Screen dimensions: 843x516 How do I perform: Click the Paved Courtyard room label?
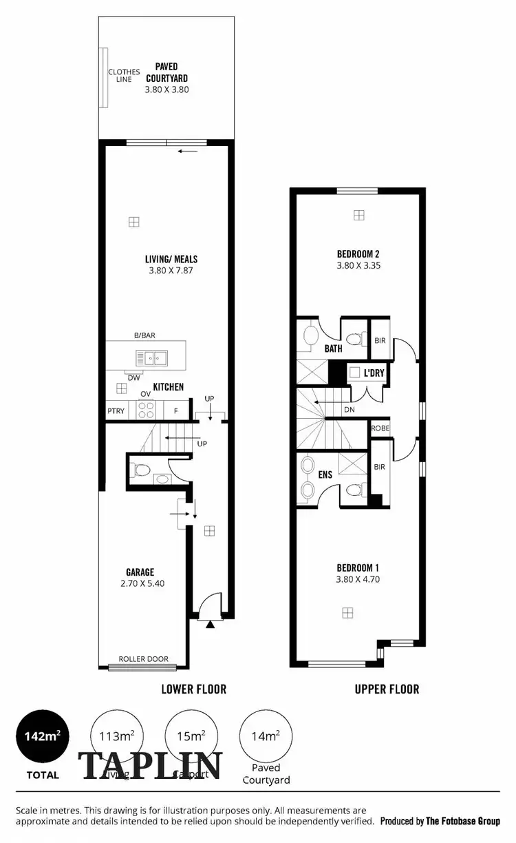coord(166,72)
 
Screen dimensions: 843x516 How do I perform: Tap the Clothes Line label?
coord(124,76)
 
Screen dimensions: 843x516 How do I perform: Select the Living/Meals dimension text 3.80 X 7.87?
coord(171,270)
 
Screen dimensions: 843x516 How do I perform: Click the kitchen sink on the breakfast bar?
coord(152,357)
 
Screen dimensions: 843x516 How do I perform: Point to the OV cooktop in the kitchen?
coord(146,409)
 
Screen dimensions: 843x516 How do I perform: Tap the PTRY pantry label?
coord(115,411)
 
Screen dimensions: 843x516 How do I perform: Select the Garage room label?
coord(140,572)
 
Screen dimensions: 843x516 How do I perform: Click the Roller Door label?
coord(143,659)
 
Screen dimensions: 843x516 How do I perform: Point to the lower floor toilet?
coord(142,470)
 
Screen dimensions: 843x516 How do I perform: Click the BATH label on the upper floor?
coord(333,348)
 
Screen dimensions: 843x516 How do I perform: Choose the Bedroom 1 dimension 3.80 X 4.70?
coord(358,579)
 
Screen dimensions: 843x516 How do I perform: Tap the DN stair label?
coord(350,408)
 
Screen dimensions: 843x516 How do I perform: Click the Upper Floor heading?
coord(387,689)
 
